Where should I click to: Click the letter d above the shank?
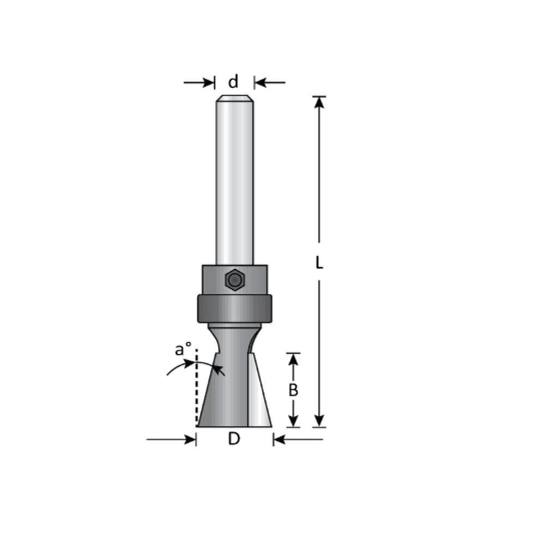click(233, 82)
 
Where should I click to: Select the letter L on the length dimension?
click(319, 263)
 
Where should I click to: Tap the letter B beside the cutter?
click(293, 390)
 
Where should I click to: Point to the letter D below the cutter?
click(234, 439)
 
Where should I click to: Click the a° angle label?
click(183, 350)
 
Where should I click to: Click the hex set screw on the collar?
click(234, 280)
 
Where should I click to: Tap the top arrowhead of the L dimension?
click(319, 102)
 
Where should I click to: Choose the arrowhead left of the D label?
click(190, 439)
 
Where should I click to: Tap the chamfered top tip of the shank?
click(234, 99)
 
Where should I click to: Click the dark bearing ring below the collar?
click(234, 308)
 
